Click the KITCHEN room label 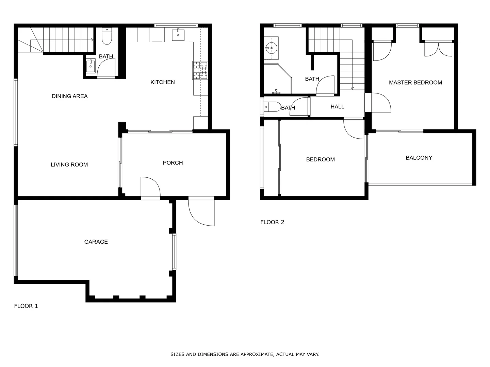(162, 82)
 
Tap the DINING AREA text (69, 96)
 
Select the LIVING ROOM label (69, 164)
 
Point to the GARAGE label (96, 242)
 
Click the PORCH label (173, 163)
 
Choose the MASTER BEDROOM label (415, 83)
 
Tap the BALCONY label (419, 158)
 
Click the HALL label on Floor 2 (337, 107)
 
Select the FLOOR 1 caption (26, 306)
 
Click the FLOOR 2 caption (272, 222)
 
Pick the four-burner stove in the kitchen (200, 70)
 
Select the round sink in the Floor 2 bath (271, 48)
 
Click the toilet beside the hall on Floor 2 (273, 107)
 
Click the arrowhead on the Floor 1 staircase (93, 40)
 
